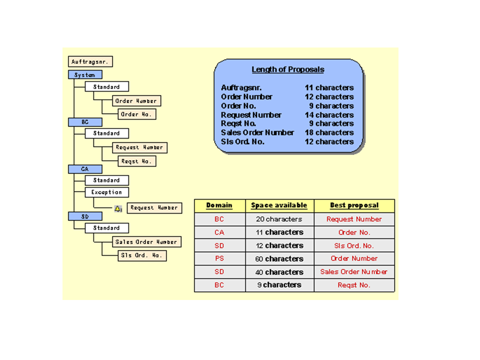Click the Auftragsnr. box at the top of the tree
(90, 62)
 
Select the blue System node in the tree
(85, 75)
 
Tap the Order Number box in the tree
(136, 101)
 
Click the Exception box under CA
(106, 192)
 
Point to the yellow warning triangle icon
(118, 208)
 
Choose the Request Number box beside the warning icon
(154, 208)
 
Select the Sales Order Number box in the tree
(146, 242)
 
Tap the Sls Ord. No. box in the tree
(142, 255)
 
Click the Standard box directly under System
(106, 87)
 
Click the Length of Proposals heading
(287, 70)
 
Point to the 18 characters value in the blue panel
(329, 132)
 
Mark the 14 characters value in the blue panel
(329, 115)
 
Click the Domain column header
(219, 205)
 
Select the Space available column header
(279, 205)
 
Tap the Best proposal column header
(354, 205)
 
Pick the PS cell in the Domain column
(219, 259)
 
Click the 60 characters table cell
(279, 259)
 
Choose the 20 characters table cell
(279, 219)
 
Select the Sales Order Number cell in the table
(354, 272)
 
